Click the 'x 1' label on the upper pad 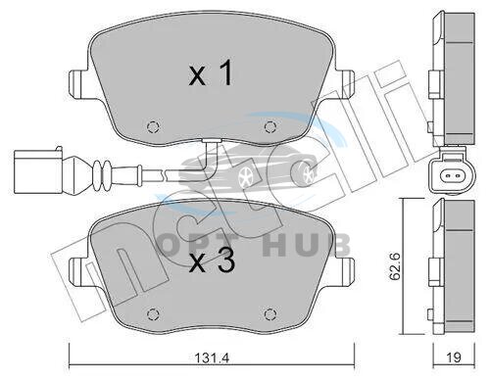coord(211,73)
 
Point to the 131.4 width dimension coord(212,357)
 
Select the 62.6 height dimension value coord(396,266)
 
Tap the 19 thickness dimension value coord(454,357)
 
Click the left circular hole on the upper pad coord(153,126)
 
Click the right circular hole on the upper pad coord(269,126)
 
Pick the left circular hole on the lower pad coord(153,314)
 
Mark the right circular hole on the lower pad coord(269,314)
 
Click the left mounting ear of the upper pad coord(76,83)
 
